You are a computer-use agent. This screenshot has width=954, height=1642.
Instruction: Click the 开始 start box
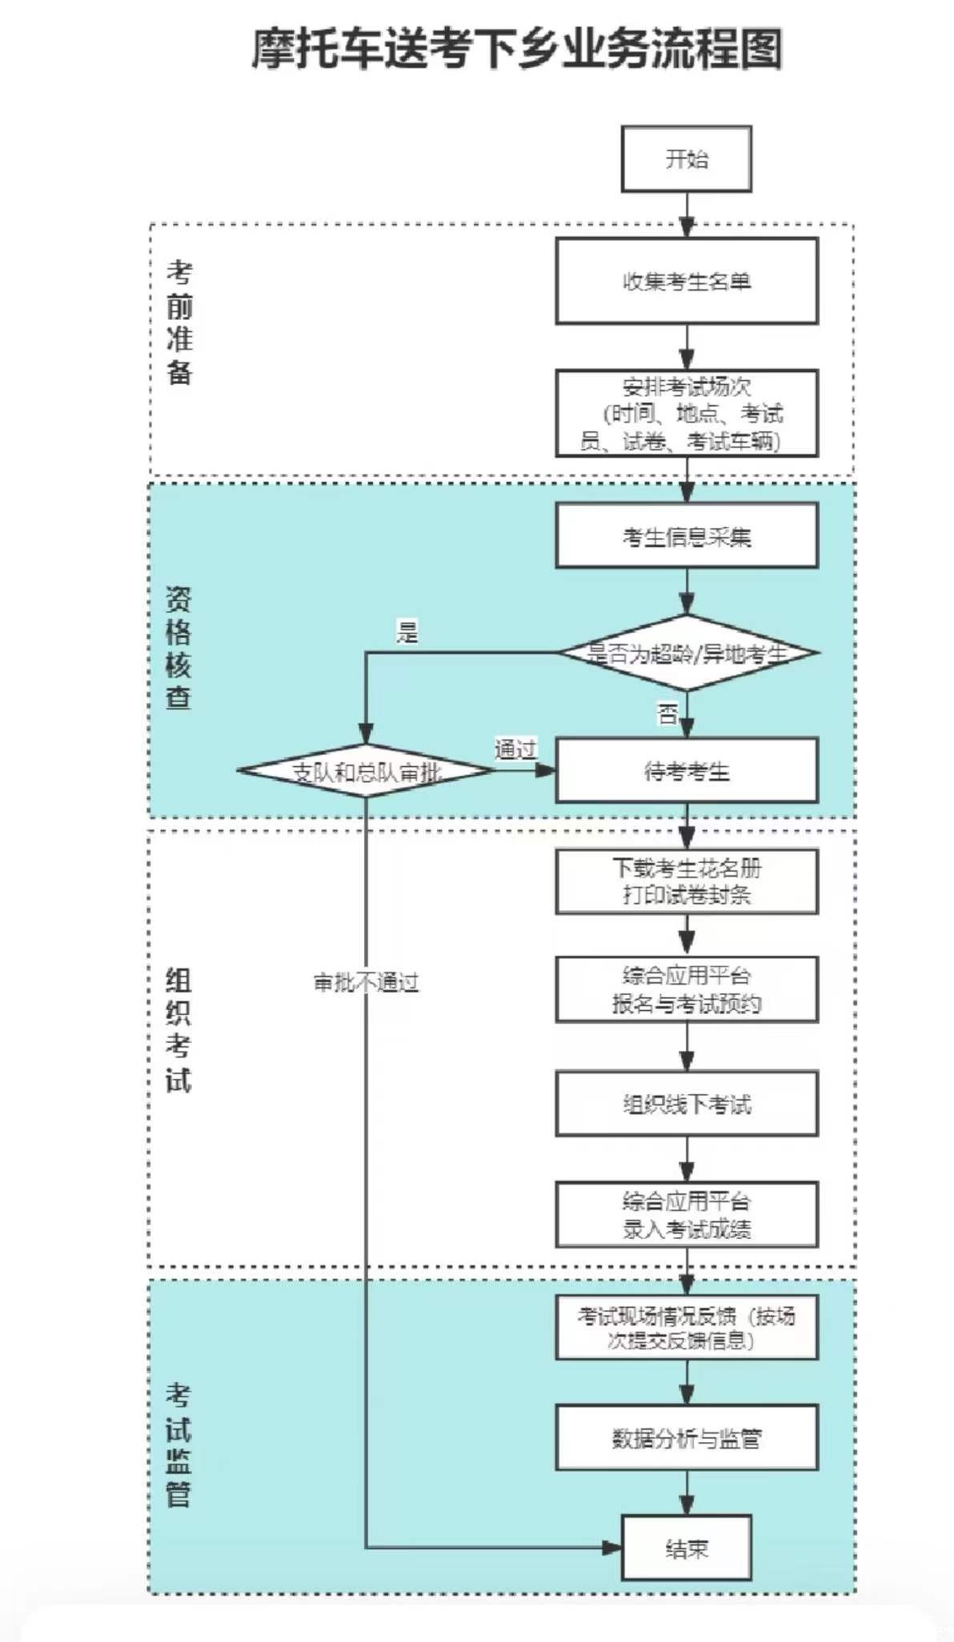pyautogui.click(x=686, y=158)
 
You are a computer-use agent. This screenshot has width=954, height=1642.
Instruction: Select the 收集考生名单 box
pyautogui.click(x=686, y=281)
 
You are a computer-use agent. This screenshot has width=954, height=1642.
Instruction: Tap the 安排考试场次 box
pyautogui.click(x=686, y=413)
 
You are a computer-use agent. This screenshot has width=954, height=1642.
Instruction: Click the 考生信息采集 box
pyautogui.click(x=686, y=536)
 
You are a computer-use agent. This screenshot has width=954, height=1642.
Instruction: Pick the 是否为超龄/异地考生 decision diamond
pyautogui.click(x=686, y=653)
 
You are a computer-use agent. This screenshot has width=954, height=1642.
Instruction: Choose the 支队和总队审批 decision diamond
pyautogui.click(x=366, y=771)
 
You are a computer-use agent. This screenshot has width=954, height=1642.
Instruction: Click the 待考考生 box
pyautogui.click(x=686, y=770)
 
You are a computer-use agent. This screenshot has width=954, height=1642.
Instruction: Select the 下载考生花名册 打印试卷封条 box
pyautogui.click(x=686, y=881)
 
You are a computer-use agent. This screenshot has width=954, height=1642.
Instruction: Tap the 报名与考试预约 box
pyautogui.click(x=686, y=989)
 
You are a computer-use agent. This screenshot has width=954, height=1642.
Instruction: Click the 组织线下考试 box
pyautogui.click(x=686, y=1104)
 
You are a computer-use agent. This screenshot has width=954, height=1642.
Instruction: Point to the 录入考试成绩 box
pyautogui.click(x=686, y=1214)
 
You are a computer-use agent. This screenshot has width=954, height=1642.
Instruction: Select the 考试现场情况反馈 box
pyautogui.click(x=686, y=1328)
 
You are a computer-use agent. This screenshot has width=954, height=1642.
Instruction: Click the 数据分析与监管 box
pyautogui.click(x=686, y=1438)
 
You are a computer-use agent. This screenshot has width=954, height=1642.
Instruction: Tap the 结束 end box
pyautogui.click(x=686, y=1548)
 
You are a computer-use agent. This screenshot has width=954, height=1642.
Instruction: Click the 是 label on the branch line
pyautogui.click(x=407, y=633)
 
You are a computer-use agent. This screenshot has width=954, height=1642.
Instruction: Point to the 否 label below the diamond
pyautogui.click(x=667, y=713)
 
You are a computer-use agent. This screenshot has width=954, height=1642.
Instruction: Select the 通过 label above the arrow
pyautogui.click(x=515, y=749)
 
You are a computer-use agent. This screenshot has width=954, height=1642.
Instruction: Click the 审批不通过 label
pyautogui.click(x=366, y=982)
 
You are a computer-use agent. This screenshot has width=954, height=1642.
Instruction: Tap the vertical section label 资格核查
pyautogui.click(x=178, y=648)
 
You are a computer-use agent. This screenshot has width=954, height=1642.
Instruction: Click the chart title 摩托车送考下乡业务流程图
pyautogui.click(x=517, y=49)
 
